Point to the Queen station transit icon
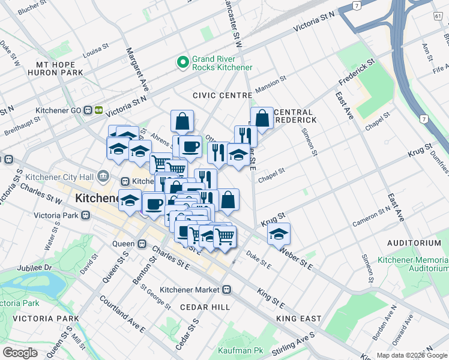pyautogui.click(x=143, y=244)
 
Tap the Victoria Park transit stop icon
pyautogui.click(x=86, y=214)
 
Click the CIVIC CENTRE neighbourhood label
pyautogui.click(x=221, y=95)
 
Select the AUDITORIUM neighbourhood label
pyautogui.click(x=414, y=243)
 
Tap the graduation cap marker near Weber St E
pyautogui.click(x=279, y=233)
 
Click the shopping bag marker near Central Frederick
pyautogui.click(x=262, y=118)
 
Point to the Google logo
pyautogui.click(x=20, y=352)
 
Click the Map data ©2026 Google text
pyautogui.click(x=412, y=355)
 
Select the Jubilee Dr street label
pyautogui.click(x=35, y=268)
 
